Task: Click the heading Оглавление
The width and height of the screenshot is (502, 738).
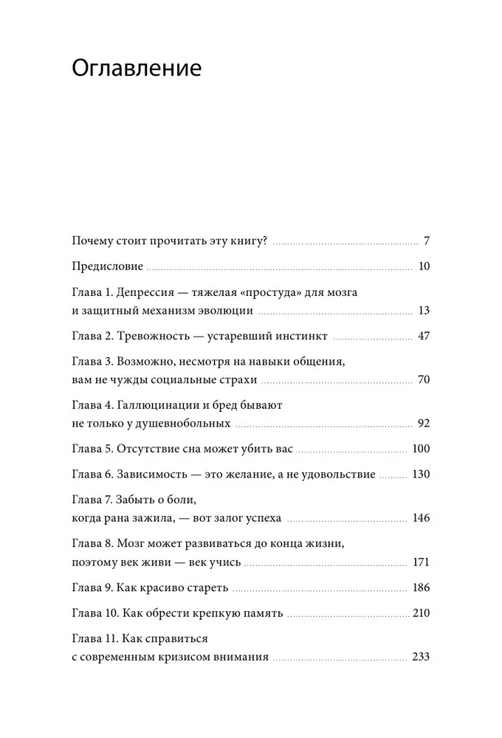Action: (x=137, y=71)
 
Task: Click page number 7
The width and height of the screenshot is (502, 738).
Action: (x=427, y=241)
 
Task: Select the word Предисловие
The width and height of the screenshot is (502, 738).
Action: (x=107, y=266)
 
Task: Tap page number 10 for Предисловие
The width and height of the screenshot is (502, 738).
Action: (x=423, y=266)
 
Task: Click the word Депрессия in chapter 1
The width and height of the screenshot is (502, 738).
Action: (x=149, y=292)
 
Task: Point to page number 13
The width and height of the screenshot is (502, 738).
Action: (x=423, y=310)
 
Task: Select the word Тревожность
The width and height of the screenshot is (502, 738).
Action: (x=154, y=336)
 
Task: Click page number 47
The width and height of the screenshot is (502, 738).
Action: (x=423, y=336)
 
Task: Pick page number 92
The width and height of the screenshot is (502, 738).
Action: (x=423, y=424)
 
